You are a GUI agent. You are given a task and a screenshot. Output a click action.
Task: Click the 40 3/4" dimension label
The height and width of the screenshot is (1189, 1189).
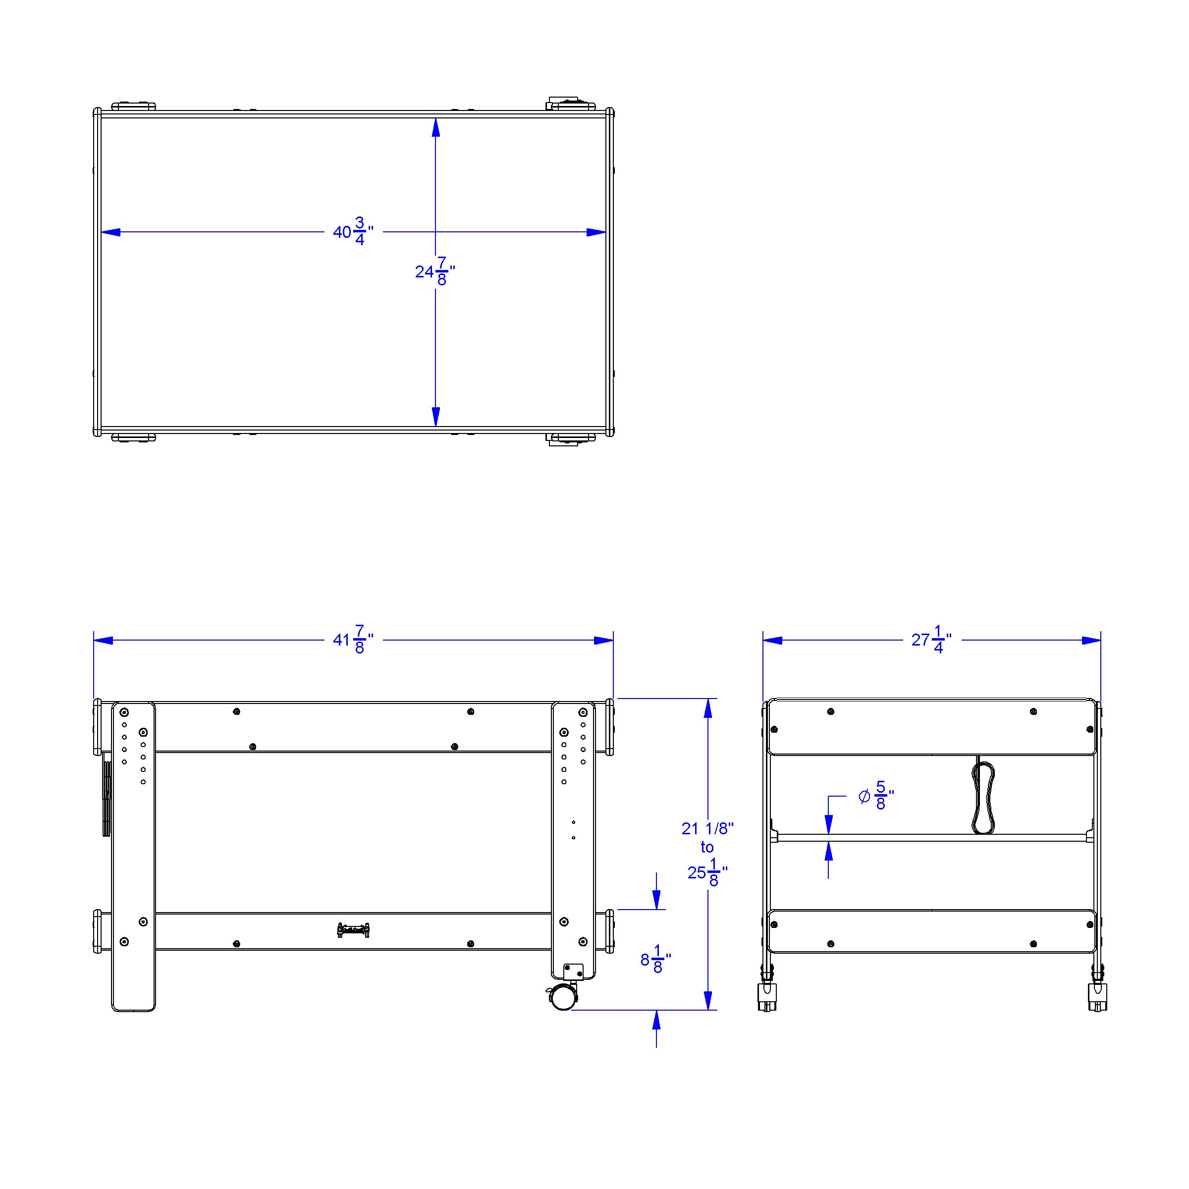point(353,231)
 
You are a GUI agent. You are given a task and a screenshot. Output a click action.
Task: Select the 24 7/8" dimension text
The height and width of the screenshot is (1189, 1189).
point(435,271)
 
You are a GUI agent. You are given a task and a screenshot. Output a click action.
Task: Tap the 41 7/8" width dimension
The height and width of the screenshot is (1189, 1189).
point(353,640)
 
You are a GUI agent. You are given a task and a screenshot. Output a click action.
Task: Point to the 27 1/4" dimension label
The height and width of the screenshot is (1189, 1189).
point(931,640)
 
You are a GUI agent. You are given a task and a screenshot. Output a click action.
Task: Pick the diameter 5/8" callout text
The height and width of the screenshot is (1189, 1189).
point(876,796)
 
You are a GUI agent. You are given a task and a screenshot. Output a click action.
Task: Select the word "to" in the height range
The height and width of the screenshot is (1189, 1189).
point(706,848)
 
